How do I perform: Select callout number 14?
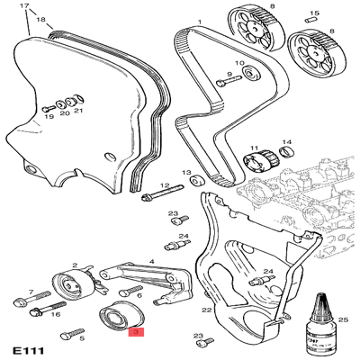[287, 141]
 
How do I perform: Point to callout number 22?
[206, 309]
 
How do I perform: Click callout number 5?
[81, 339]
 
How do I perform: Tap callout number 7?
[30, 292]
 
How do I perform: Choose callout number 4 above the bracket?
[151, 261]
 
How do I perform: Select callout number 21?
[78, 111]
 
